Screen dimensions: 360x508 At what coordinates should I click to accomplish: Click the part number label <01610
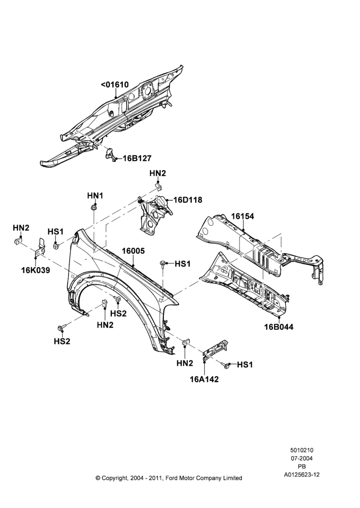point(114,84)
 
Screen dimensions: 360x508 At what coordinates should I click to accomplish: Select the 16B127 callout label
point(137,158)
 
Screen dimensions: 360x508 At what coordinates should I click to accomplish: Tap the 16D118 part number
point(188,200)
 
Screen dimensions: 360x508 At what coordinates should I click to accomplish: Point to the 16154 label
point(242,216)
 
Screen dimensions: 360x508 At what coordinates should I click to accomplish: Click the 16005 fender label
point(133,251)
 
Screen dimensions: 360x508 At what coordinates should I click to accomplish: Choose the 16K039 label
point(36,270)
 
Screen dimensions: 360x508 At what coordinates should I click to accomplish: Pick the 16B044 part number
point(279,327)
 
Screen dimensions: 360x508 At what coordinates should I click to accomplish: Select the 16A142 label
point(204,379)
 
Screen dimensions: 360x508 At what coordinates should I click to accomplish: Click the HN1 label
point(95,196)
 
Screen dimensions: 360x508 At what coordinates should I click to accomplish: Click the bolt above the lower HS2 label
point(62,327)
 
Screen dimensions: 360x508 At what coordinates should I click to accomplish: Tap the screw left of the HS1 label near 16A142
point(226,365)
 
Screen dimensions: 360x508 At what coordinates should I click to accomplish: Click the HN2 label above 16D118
point(158,173)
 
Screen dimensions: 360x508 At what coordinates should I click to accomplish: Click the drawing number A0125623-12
point(302,474)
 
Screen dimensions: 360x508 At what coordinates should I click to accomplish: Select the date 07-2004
point(302,458)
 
